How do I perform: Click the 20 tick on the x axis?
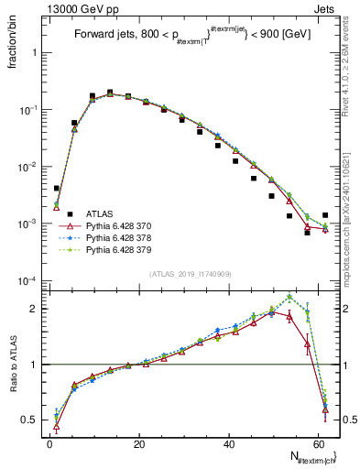coord(138,442)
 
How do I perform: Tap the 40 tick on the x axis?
coord(228,442)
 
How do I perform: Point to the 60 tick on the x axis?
coord(317,442)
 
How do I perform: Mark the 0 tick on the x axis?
coord(49,442)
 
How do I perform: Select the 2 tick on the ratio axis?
coord(35,309)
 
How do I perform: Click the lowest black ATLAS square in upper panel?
coord(307,233)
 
